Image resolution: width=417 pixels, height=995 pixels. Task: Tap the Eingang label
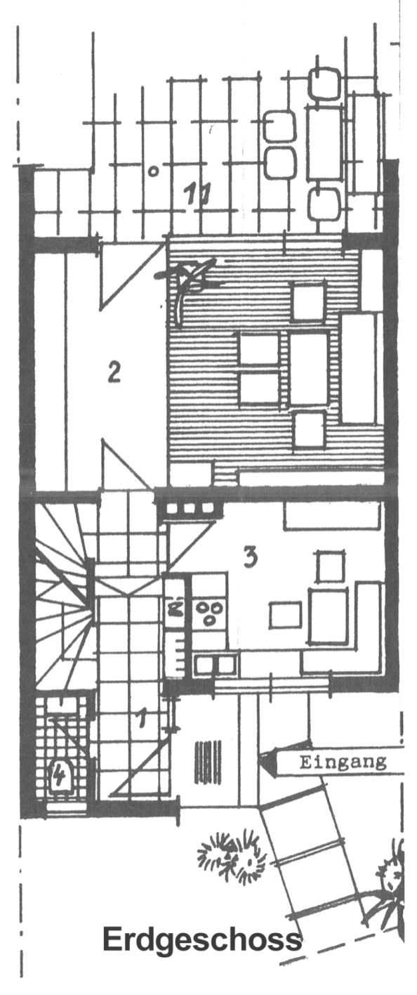point(343,762)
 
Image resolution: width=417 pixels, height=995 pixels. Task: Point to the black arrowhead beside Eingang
point(268,762)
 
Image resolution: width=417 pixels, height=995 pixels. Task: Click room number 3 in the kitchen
point(251,557)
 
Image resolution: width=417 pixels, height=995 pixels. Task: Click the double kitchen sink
point(215,664)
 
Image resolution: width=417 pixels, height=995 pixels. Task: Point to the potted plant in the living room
point(186,280)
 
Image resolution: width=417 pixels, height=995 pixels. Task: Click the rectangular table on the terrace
point(325,142)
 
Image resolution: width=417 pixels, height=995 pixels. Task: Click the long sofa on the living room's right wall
point(360,368)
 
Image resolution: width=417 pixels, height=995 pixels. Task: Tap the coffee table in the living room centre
point(309,369)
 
